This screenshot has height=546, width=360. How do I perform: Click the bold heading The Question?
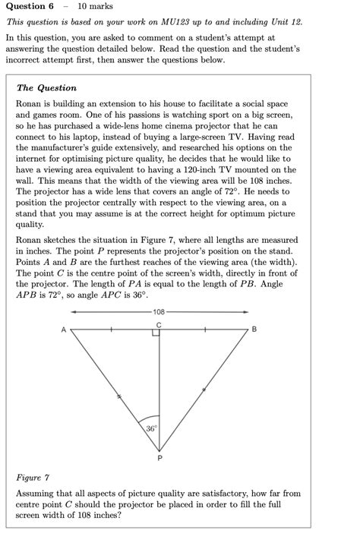pos(46,88)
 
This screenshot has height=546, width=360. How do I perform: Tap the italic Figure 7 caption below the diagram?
pos(32,478)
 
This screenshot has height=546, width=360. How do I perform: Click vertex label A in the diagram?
pos(63,330)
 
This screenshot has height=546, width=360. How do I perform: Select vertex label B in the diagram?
pos(254,330)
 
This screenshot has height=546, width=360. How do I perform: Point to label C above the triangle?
pos(159,324)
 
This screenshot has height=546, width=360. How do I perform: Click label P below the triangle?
pos(159,458)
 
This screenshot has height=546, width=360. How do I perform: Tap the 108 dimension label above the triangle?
pos(159,312)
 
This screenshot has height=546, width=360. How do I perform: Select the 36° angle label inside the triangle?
pos(152,429)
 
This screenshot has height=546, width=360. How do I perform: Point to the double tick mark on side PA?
pos(117,395)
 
